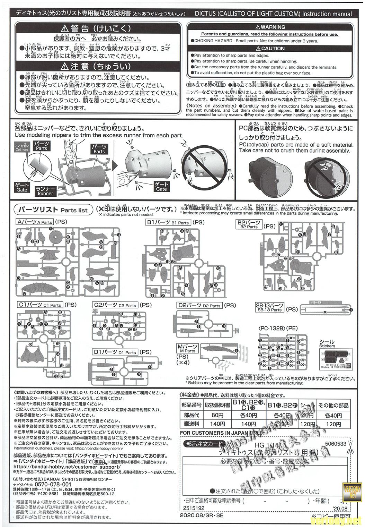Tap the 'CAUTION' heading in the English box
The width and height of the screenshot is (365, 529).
point(270,49)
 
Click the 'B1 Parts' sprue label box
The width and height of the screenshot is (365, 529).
point(168,222)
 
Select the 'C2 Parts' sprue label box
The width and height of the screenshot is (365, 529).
point(115,305)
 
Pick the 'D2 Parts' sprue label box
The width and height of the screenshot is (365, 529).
point(199,305)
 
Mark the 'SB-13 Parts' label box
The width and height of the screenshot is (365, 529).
point(269,307)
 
